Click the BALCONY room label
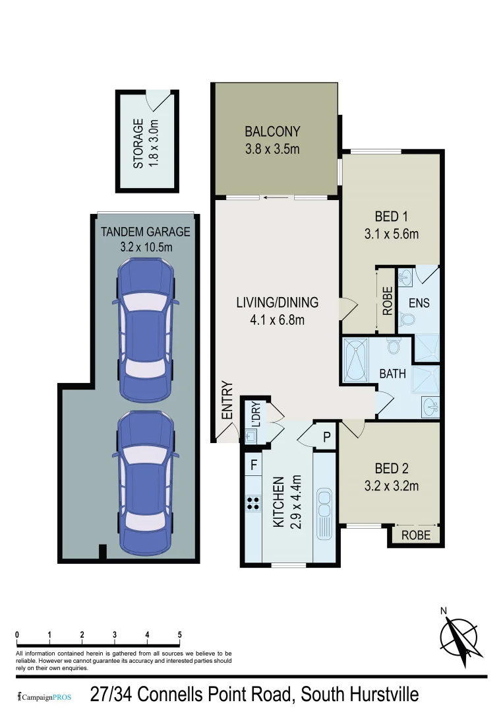point(272,131)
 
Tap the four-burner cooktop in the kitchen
point(252,504)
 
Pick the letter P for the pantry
point(326,436)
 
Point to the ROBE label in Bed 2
point(415,535)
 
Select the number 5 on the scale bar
point(179,635)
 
